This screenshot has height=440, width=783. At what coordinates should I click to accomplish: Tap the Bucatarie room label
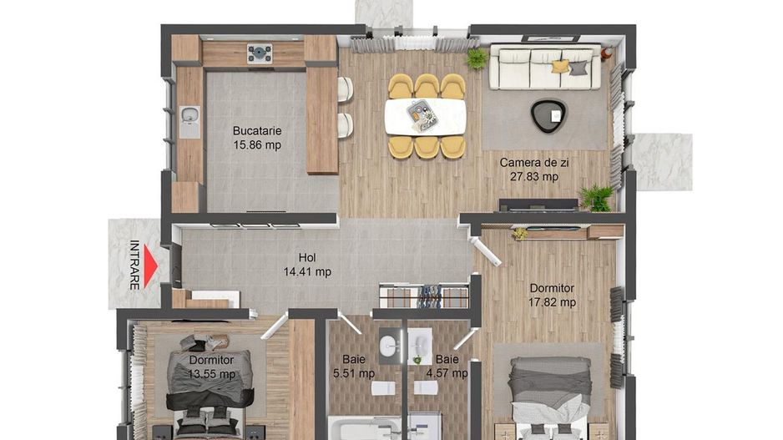(256, 131)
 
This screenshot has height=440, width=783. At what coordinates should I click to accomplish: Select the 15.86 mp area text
(256, 145)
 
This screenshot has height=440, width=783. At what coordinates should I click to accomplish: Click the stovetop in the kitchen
(260, 53)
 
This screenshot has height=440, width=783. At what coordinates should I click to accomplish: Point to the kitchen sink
(189, 119)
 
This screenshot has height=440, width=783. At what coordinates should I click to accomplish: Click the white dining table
(424, 116)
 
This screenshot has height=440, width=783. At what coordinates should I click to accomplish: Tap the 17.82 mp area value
(553, 302)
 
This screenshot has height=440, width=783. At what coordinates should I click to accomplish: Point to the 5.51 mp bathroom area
(354, 374)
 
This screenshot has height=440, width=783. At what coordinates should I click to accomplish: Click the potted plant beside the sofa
(477, 58)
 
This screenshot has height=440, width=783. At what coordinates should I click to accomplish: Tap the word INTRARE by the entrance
(134, 265)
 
